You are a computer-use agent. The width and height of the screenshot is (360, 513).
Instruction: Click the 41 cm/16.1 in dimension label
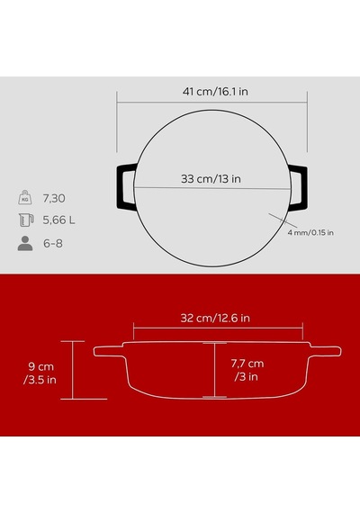215,91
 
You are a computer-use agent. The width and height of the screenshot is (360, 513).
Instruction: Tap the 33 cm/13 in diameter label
211,178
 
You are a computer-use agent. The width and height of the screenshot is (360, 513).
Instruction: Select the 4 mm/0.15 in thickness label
310,232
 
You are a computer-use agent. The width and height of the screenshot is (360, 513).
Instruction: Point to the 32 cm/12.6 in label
215,318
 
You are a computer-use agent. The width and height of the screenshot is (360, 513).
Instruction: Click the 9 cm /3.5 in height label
40,373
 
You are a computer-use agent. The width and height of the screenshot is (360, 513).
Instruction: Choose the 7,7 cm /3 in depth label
247,370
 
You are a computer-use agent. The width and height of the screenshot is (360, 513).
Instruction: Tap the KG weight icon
25,198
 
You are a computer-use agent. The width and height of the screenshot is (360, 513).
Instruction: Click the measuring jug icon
26,220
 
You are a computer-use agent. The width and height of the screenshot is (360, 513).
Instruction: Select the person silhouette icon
25,243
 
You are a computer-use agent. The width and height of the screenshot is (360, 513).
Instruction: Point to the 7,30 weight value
54,198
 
